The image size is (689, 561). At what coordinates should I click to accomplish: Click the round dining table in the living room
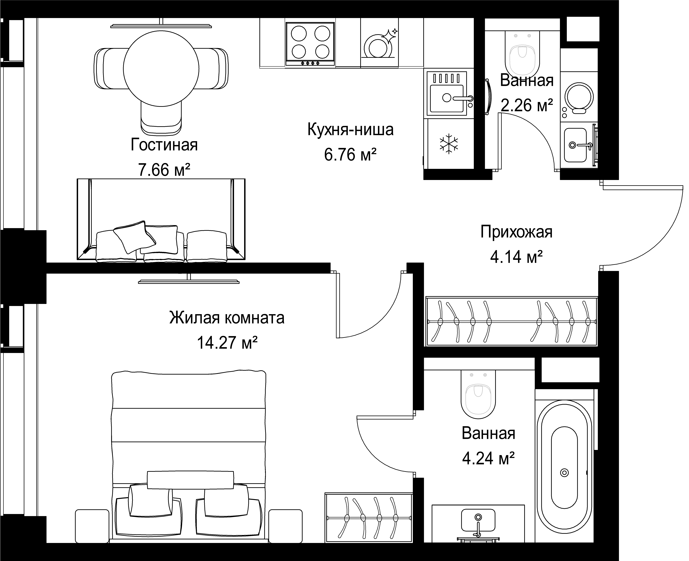(x=161, y=68)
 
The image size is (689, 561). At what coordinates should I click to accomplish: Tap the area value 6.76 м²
(x=350, y=155)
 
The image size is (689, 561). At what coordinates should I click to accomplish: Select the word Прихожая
(x=516, y=232)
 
